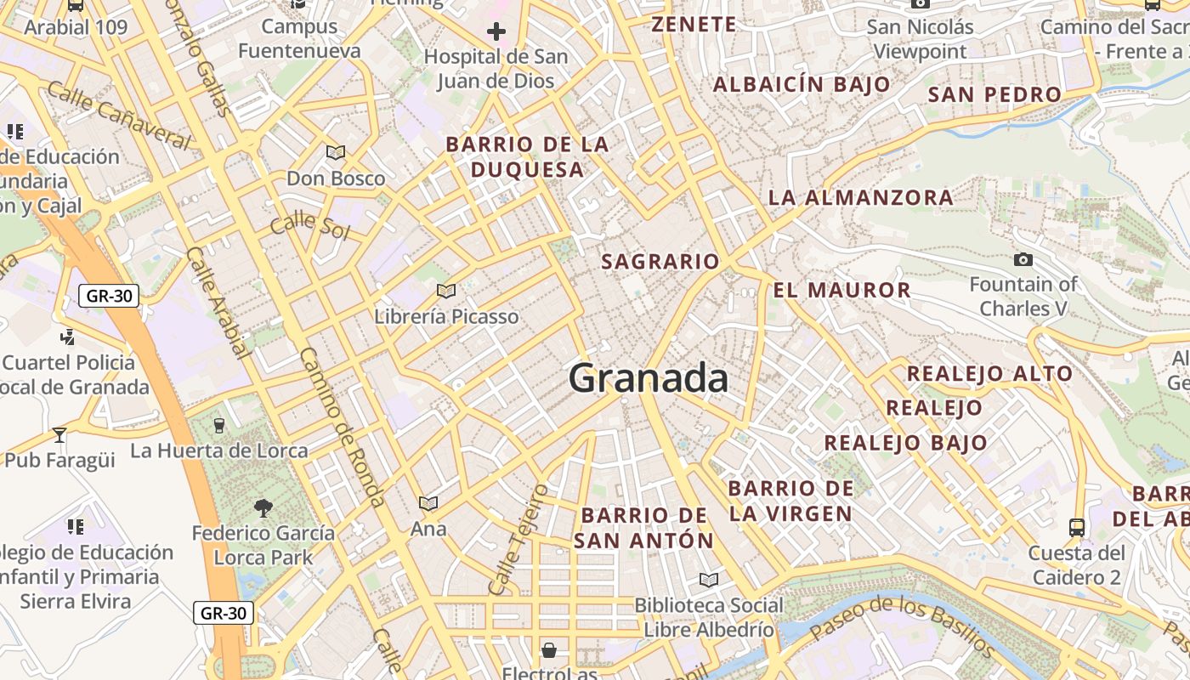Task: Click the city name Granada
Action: click(x=648, y=378)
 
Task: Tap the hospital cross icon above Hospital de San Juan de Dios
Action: click(x=496, y=32)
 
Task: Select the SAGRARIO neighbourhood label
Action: click(x=660, y=262)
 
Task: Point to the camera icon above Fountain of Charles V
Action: click(x=1023, y=259)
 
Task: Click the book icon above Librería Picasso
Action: click(x=446, y=292)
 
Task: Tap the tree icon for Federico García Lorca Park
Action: click(x=263, y=508)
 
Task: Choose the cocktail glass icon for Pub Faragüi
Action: click(x=59, y=435)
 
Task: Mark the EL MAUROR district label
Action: click(x=841, y=290)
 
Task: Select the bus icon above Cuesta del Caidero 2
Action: click(x=1077, y=527)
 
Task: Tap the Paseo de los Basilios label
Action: click(x=902, y=626)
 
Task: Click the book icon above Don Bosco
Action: click(x=336, y=153)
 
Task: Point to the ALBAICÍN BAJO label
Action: click(x=801, y=84)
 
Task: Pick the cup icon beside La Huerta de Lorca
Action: click(x=219, y=425)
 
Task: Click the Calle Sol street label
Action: click(x=309, y=226)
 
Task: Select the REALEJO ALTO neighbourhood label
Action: click(x=989, y=373)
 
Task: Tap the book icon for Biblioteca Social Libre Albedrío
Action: click(x=708, y=581)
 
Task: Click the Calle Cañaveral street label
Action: click(x=119, y=115)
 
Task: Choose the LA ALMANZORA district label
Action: click(x=860, y=198)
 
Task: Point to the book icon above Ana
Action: click(x=428, y=504)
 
